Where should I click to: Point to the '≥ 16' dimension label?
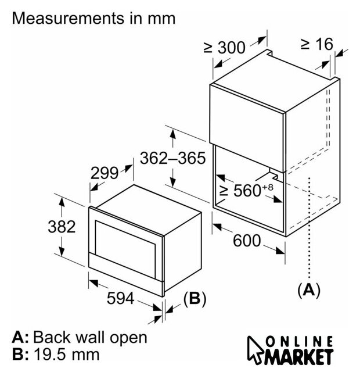(316, 44)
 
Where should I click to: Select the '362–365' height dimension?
(173, 158)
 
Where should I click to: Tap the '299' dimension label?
(105, 173)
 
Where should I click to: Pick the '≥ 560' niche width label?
(247, 190)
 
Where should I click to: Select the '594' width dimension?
(121, 299)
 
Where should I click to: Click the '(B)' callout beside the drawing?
(195, 299)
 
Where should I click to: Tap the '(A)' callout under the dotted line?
(308, 289)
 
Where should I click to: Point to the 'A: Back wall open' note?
(80, 337)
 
